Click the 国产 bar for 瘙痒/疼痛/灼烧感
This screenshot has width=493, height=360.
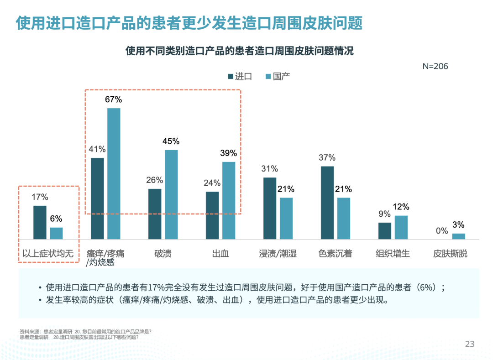click(x=114, y=173)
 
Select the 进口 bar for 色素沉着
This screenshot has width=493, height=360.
click(x=327, y=203)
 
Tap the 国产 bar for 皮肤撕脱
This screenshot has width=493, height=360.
click(x=459, y=236)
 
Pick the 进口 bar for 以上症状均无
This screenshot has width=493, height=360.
click(x=40, y=222)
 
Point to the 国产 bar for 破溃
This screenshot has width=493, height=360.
click(x=171, y=194)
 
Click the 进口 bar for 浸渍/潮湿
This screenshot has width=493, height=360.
click(x=270, y=208)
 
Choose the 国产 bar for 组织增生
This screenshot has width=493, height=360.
click(x=401, y=227)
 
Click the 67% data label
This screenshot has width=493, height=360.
click(x=114, y=99)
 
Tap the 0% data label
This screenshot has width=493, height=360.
click(x=442, y=231)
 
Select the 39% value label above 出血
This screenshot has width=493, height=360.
click(x=229, y=153)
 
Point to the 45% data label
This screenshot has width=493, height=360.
click(x=171, y=141)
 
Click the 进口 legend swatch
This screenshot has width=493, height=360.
click(x=231, y=77)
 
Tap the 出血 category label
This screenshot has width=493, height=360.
click(x=220, y=254)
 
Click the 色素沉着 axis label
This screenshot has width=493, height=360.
click(x=336, y=254)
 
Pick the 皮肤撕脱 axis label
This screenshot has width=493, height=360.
click(x=451, y=254)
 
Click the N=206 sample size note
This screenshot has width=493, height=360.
click(x=435, y=66)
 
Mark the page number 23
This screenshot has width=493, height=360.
click(x=470, y=344)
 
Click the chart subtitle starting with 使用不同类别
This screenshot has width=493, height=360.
click(x=240, y=51)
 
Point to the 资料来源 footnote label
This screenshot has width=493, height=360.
click(x=30, y=331)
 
